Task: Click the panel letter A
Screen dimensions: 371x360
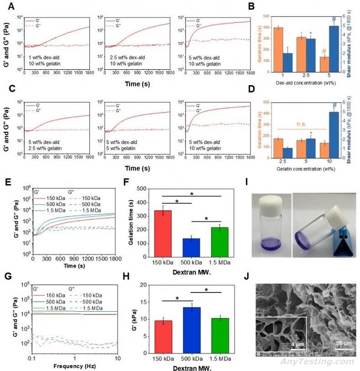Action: click(10, 7)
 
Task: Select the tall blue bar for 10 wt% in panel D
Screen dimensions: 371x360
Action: click(335, 134)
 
